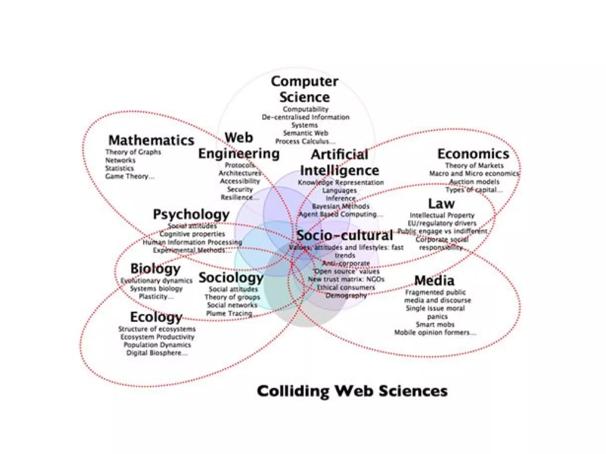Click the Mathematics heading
pyautogui.click(x=151, y=140)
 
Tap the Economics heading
pyautogui.click(x=473, y=154)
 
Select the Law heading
pyautogui.click(x=441, y=204)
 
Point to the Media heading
pyautogui.click(x=434, y=280)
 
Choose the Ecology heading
pyautogui.click(x=156, y=317)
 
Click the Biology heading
pyautogui.click(x=155, y=269)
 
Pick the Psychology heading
pyautogui.click(x=191, y=214)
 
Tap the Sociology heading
pyautogui.click(x=231, y=278)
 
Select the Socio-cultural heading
pyautogui.click(x=345, y=235)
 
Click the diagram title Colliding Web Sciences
pyautogui.click(x=352, y=391)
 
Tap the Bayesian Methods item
pyautogui.click(x=341, y=206)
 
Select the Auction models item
pyautogui.click(x=474, y=181)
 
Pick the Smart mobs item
pyautogui.click(x=435, y=324)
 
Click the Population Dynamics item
pyautogui.click(x=157, y=345)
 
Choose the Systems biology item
pyautogui.click(x=156, y=288)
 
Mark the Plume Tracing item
pyautogui.click(x=229, y=313)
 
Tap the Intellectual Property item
pyautogui.click(x=442, y=215)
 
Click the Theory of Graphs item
pyautogui.click(x=133, y=152)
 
